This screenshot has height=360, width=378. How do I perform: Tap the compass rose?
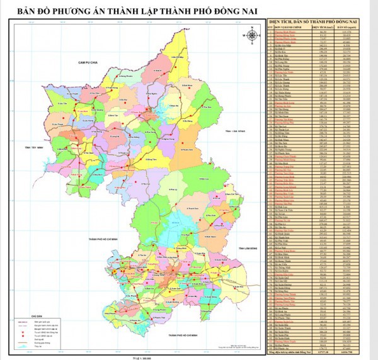point(251,36)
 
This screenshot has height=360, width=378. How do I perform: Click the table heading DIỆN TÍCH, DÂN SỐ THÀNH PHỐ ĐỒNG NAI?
point(318,22)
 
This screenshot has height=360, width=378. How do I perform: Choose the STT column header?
point(270,27)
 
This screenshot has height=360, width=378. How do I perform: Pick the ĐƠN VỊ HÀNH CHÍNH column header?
point(290,27)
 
